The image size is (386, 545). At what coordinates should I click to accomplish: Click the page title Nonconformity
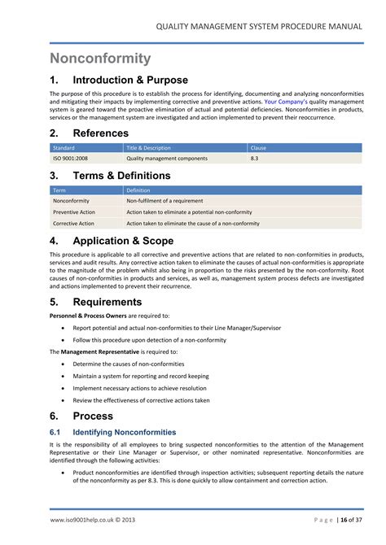coord(100,59)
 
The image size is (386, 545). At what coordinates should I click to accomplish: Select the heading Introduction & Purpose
coord(130,81)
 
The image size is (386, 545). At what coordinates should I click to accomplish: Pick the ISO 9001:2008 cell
coord(72,159)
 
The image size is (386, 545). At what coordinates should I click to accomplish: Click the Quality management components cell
coord(166,159)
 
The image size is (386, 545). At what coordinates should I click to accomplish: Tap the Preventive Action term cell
coord(74,211)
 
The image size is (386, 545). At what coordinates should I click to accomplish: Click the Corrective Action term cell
coord(73,223)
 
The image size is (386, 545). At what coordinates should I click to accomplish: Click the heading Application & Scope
coord(124,241)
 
